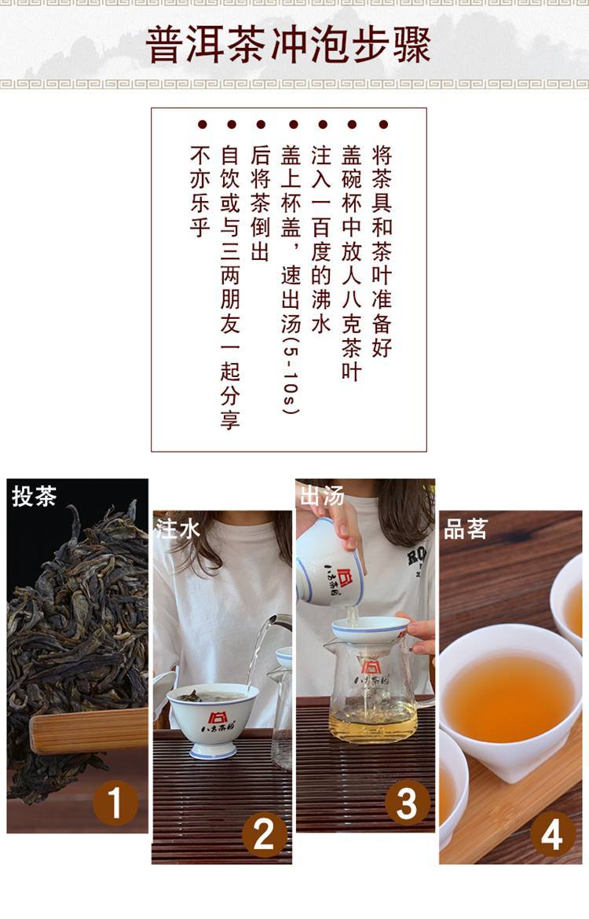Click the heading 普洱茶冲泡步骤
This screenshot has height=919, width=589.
point(288,45)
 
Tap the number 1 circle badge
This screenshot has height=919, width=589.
point(115,803)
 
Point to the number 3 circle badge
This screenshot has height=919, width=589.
point(408,803)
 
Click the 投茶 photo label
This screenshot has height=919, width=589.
point(34,496)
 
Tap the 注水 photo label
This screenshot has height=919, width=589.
point(178,529)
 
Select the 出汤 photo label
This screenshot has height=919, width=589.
point(322,496)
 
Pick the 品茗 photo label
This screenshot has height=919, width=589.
point(466,529)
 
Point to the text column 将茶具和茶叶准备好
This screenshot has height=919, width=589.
point(382,251)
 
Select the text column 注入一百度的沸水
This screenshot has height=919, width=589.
point(321,239)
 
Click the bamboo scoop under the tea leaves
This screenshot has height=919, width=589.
point(89,730)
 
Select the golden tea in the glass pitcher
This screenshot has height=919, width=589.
point(373,722)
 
